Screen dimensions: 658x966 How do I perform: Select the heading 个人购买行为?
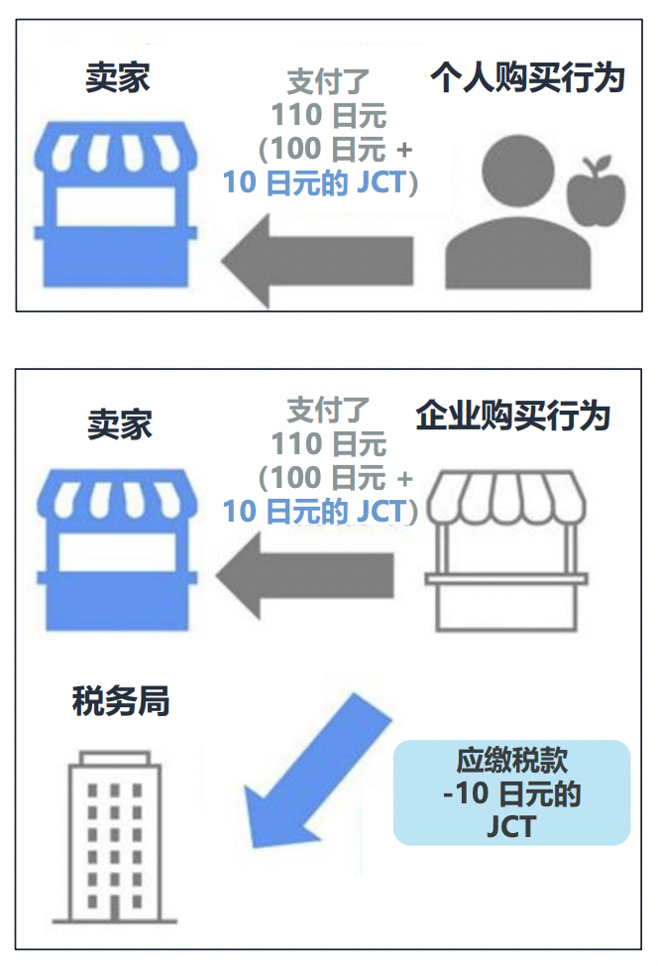pos(527,77)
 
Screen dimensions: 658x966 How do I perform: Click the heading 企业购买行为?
pos(512,416)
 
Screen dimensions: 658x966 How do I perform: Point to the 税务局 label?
pos(121,700)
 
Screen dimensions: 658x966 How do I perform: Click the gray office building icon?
pos(115,836)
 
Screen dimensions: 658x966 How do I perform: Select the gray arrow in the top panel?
pos(317,261)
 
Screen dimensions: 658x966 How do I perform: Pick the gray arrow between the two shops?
pos(304,575)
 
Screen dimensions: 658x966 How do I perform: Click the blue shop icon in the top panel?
pos(116,204)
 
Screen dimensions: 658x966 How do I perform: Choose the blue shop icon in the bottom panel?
pos(117,548)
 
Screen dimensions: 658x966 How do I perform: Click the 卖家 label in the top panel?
pos(118,77)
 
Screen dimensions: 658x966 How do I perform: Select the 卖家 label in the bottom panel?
pos(120,424)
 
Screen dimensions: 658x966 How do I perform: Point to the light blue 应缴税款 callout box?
pos(511,792)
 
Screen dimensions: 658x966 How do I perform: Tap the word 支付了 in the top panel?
pos(328,81)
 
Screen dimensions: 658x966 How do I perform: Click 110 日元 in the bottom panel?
pos(329,443)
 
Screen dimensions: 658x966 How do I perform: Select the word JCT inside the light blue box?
pos(511,826)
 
